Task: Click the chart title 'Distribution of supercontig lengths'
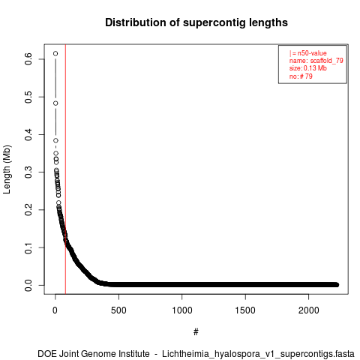click(x=196, y=22)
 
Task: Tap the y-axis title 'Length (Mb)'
click(x=7, y=169)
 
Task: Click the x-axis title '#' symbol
click(x=196, y=332)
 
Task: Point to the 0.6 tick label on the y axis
click(x=28, y=59)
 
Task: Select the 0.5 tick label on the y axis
click(x=28, y=97)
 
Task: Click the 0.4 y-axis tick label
click(x=28, y=134)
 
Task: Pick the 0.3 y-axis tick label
click(x=28, y=172)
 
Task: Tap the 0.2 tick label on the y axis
click(x=28, y=210)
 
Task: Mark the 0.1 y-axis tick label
click(x=28, y=247)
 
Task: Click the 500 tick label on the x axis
click(x=118, y=310)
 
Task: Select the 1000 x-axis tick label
click(x=182, y=310)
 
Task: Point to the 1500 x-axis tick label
click(x=245, y=310)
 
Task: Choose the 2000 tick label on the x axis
click(x=309, y=310)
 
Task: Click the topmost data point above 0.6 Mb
click(x=55, y=53)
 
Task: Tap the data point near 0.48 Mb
click(x=55, y=103)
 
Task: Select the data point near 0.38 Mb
click(x=55, y=140)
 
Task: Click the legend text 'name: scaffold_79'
click(x=316, y=61)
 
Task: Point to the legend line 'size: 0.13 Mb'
click(x=308, y=68)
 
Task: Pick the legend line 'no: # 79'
click(x=301, y=76)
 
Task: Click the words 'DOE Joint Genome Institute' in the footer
click(x=94, y=354)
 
